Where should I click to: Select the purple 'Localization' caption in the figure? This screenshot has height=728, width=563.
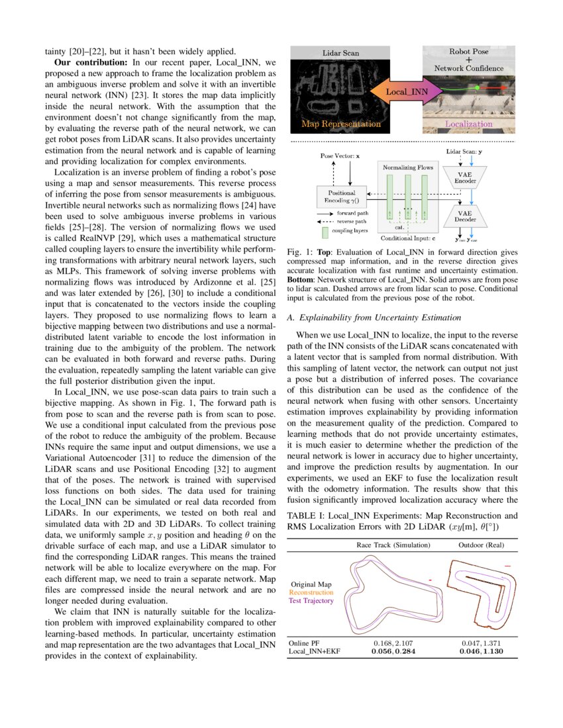coord(468,124)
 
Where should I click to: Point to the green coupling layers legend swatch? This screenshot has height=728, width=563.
coord(325,232)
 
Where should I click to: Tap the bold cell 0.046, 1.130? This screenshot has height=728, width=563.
coord(483,652)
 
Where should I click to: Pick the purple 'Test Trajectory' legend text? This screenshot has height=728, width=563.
coord(311,601)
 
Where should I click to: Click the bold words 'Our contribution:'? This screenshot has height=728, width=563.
coord(91,62)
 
